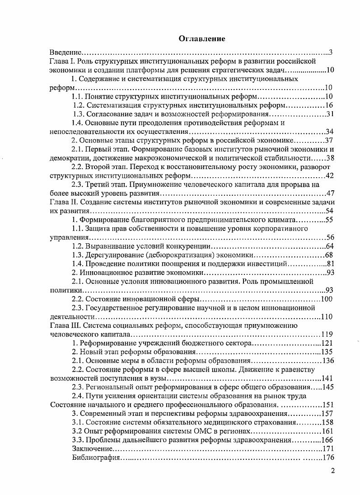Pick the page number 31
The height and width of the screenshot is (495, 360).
(x=329, y=114)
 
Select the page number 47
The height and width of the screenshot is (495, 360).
(x=329, y=193)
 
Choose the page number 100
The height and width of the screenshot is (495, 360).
(x=327, y=299)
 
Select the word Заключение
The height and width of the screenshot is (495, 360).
(x=92, y=448)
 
